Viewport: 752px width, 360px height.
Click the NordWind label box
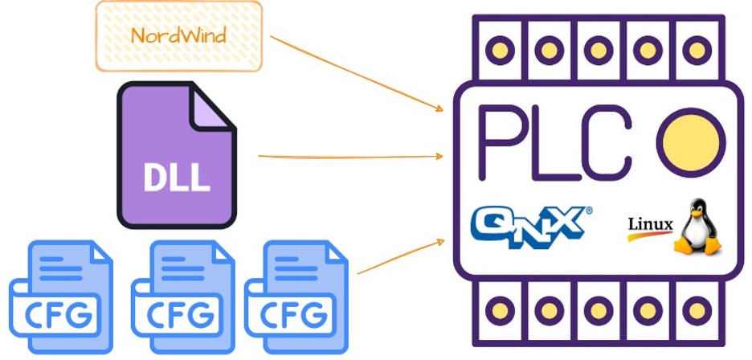pyautogui.click(x=178, y=35)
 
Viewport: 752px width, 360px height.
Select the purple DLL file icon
pyautogui.click(x=177, y=157)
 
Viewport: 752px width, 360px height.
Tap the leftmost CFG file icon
pyautogui.click(x=61, y=298)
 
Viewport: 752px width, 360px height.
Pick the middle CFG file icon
pyautogui.click(x=182, y=298)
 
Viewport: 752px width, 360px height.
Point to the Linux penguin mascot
pyautogui.click(x=695, y=227)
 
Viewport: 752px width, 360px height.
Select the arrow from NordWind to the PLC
pyautogui.click(x=358, y=72)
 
